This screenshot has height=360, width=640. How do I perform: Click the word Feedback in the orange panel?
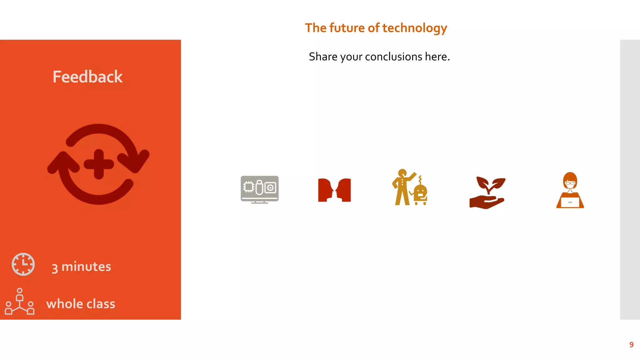click(x=87, y=77)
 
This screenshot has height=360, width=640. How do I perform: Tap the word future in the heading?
click(x=347, y=28)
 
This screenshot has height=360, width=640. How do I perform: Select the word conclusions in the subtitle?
click(x=393, y=57)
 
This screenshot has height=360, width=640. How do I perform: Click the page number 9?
click(x=631, y=345)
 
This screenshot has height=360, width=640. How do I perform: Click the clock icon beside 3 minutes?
click(x=23, y=264)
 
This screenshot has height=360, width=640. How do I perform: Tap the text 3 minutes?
click(x=81, y=267)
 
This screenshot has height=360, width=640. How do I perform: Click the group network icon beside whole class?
click(x=20, y=302)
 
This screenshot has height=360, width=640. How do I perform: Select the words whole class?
click(x=81, y=304)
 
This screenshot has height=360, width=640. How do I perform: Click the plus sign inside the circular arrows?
click(x=99, y=164)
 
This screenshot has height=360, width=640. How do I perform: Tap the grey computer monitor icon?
click(x=259, y=189)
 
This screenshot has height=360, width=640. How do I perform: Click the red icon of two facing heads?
click(x=334, y=190)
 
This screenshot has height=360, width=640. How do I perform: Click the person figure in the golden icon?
click(x=402, y=187)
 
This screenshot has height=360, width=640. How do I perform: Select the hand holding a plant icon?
click(x=487, y=193)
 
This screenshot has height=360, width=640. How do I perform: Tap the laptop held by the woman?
click(x=570, y=202)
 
